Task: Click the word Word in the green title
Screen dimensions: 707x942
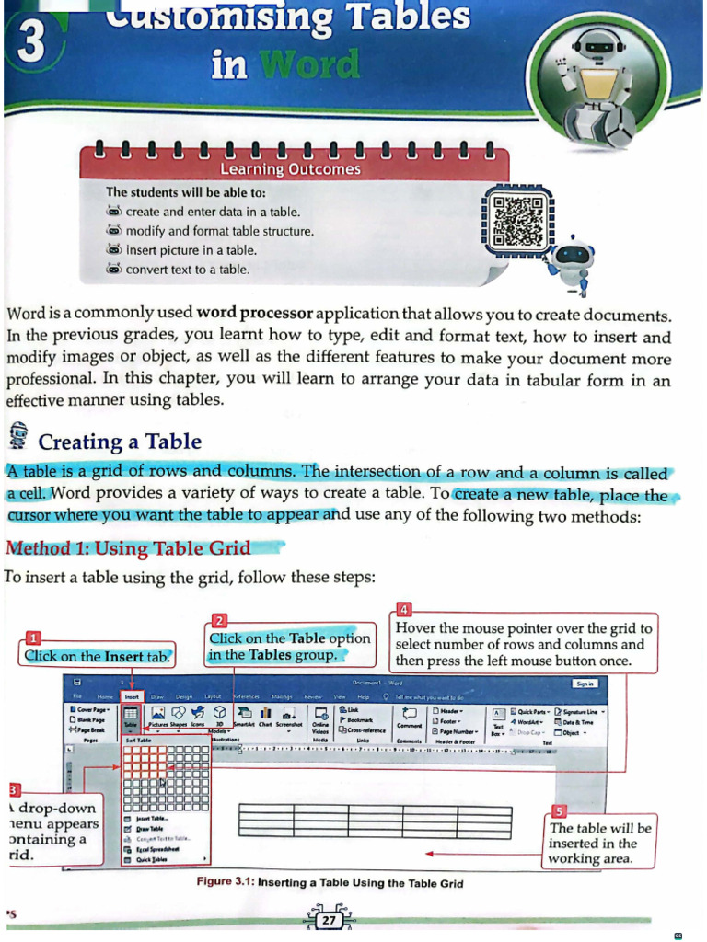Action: pos(309,64)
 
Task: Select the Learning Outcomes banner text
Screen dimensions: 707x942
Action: pos(290,169)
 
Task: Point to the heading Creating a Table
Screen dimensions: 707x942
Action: pos(120,442)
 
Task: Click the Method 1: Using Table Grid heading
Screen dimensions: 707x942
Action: pos(128,548)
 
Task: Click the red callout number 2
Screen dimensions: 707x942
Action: pos(220,620)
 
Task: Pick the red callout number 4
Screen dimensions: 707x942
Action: pos(406,608)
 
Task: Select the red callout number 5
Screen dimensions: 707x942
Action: pos(559,810)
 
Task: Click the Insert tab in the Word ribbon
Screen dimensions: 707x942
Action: pos(132,698)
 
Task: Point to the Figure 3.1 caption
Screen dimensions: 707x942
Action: pos(330,883)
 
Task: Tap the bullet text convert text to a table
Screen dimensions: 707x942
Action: pos(188,270)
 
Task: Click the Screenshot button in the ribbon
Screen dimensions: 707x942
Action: pos(291,720)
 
